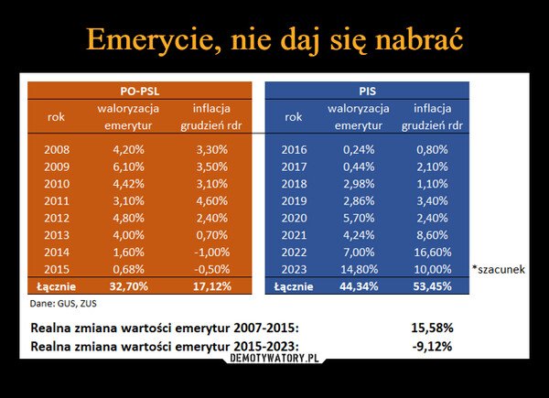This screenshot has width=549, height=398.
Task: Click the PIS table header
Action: [x=367, y=91]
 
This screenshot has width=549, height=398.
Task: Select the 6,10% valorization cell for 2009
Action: [x=128, y=167]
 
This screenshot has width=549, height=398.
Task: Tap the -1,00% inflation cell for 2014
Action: [x=210, y=252]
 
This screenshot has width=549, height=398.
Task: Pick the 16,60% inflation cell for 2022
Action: [x=431, y=252]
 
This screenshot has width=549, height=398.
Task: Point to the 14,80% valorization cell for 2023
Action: [x=360, y=269]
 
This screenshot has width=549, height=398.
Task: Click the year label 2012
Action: [x=57, y=218]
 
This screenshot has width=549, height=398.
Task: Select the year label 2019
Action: [x=294, y=200]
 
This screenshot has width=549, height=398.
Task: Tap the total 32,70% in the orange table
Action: [x=128, y=286]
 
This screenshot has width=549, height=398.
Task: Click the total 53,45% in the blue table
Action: [x=431, y=286]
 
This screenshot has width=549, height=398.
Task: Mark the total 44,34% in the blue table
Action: [x=360, y=286]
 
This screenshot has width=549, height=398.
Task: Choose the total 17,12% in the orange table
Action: [x=210, y=286]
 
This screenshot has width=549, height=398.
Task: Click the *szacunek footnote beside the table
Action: [x=499, y=270]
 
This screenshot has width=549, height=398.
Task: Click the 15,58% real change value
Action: [x=432, y=328]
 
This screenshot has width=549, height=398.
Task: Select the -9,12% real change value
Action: [x=432, y=346]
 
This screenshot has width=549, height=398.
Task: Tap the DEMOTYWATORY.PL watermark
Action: [x=275, y=359]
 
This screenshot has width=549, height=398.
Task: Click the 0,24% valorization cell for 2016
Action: [x=360, y=149]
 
